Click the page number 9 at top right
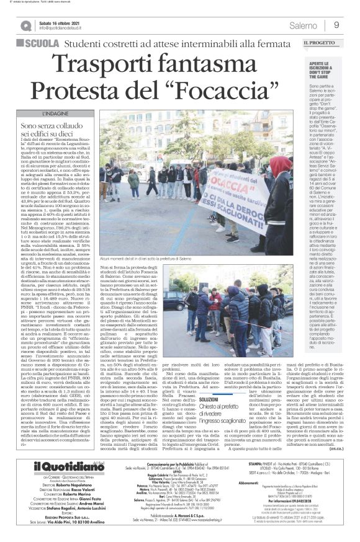[x=336, y=25]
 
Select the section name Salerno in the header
[x=302, y=25]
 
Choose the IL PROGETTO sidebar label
[x=318, y=43]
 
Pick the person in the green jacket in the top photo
[x=133, y=180]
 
